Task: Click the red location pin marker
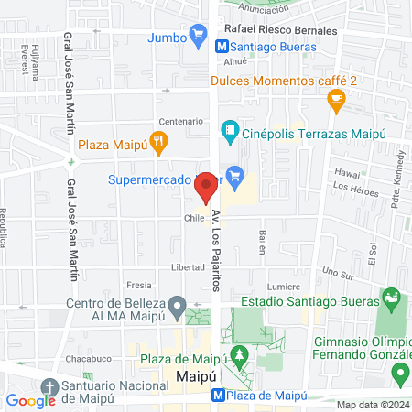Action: coord(206,186)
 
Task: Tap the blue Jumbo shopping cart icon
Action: coord(198,37)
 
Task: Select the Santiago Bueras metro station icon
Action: coord(222,45)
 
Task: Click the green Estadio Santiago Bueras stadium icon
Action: coord(392,298)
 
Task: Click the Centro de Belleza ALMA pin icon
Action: coord(180,305)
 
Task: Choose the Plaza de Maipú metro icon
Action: coord(218,396)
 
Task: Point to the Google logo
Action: coord(30,400)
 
